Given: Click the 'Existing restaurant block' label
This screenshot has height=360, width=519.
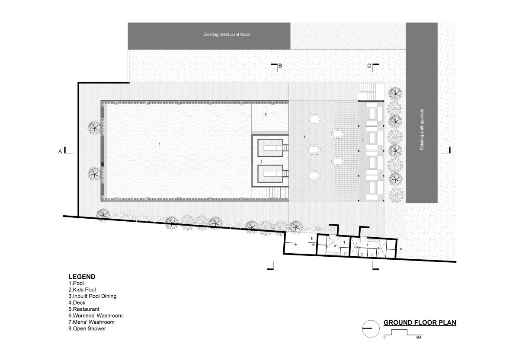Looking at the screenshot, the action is click(227, 35).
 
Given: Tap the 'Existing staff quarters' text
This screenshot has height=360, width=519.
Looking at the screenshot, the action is click(422, 129).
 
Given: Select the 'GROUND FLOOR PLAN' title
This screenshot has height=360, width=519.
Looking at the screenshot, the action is click(420, 322).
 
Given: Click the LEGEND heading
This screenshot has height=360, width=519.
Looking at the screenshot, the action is click(82, 277).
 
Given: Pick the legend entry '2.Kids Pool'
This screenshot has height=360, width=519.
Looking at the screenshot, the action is click(82, 290).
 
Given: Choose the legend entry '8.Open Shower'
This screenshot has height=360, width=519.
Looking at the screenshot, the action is click(87, 328).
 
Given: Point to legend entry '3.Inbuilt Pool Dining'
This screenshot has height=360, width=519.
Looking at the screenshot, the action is click(93, 296).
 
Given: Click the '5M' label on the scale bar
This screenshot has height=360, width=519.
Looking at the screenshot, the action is click(418, 338).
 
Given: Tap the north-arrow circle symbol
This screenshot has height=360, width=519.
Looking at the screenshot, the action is click(371, 328).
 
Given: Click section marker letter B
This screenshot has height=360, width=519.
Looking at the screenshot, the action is click(280, 66).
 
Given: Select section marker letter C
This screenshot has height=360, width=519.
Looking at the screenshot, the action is click(369, 66).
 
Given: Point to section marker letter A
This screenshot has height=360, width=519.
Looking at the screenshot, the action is click(60, 152).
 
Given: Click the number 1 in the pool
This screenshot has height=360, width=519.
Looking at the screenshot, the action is click(160, 144).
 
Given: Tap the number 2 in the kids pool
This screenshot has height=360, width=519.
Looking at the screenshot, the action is click(266, 114).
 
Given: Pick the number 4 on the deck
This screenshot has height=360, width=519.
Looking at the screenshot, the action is click(304, 137).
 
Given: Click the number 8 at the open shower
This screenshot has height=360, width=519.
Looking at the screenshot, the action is click(312, 239).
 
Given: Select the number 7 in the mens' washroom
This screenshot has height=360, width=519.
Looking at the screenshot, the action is click(344, 242).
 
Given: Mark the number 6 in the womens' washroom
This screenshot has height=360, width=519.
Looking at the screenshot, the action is click(368, 245).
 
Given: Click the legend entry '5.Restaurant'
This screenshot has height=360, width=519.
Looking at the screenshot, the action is click(84, 309).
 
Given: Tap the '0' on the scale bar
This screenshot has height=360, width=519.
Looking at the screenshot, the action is click(384, 338).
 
